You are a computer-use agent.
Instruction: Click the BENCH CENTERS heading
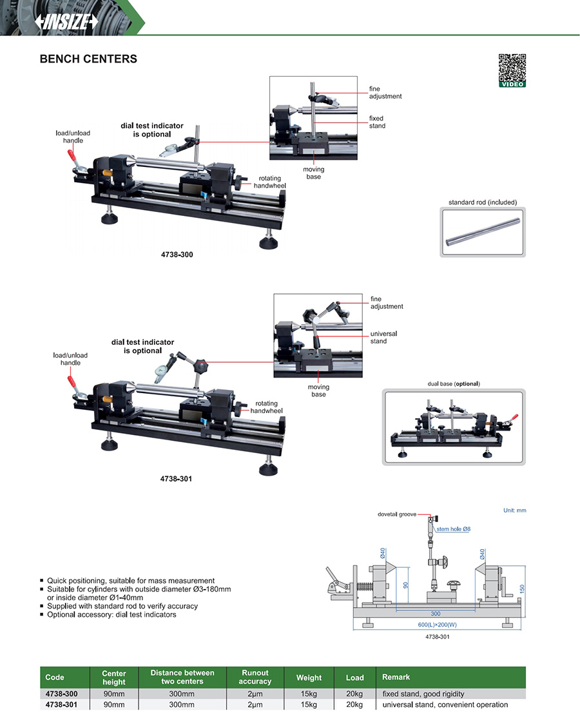(x=88, y=59)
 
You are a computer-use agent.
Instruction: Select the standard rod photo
(x=483, y=232)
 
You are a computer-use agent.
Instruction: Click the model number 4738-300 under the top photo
(x=176, y=255)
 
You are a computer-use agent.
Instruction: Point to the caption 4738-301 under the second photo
(x=176, y=480)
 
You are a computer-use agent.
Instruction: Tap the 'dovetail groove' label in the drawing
(x=397, y=515)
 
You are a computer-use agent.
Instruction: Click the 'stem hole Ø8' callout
(x=454, y=529)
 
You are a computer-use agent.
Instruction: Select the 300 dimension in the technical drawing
(x=436, y=614)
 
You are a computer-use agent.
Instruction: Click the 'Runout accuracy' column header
(x=255, y=677)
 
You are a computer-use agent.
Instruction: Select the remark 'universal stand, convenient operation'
(x=445, y=704)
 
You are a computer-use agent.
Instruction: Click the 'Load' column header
(x=354, y=677)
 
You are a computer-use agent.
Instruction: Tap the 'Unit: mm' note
(x=514, y=510)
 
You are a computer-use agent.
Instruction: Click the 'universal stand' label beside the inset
(x=383, y=337)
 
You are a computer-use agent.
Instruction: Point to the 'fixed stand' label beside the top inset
(x=377, y=122)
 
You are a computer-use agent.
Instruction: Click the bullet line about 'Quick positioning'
(x=131, y=581)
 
